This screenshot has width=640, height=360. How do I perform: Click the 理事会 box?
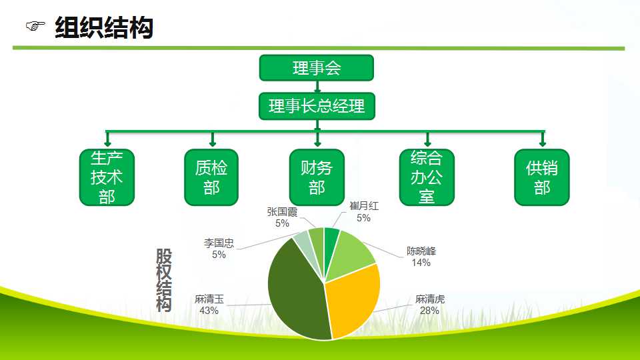click(316, 68)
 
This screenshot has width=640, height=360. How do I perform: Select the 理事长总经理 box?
click(317, 106)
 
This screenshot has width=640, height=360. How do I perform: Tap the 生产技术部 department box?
click(107, 177)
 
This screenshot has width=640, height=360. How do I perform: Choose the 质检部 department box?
click(211, 177)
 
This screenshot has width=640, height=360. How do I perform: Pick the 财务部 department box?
click(317, 177)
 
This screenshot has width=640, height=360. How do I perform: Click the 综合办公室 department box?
click(427, 177)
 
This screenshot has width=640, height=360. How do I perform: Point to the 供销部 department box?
click(541, 177)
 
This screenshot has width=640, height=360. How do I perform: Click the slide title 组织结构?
click(104, 28)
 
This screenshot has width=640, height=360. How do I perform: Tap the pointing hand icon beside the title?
click(35, 27)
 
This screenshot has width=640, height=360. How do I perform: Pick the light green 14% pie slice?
click(349, 255)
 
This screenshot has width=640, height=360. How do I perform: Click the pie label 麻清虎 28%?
click(430, 305)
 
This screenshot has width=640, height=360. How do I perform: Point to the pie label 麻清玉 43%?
click(209, 305)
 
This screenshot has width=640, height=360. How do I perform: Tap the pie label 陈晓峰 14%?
click(421, 257)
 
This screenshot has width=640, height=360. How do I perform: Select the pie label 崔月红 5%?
click(364, 212)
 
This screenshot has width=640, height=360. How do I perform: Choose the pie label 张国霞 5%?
click(282, 217)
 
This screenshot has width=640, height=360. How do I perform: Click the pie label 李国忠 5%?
click(219, 249)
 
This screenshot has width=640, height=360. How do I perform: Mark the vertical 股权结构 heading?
click(164, 281)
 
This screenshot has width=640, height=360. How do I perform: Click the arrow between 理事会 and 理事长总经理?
click(317, 87)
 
